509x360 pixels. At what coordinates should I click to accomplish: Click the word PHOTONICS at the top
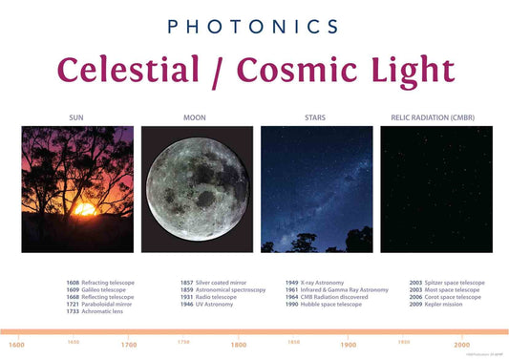pyautogui.click(x=255, y=26)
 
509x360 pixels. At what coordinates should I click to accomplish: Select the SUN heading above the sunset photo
pyautogui.click(x=76, y=118)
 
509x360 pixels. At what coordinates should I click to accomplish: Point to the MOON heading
pyautogui.click(x=195, y=118)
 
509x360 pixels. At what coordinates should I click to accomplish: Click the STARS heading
pyautogui.click(x=314, y=118)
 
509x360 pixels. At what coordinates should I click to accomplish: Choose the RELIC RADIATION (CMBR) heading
pyautogui.click(x=436, y=118)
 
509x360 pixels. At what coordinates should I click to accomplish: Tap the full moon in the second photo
pyautogui.click(x=197, y=190)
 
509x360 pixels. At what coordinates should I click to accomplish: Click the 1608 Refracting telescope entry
pyautogui.click(x=100, y=283)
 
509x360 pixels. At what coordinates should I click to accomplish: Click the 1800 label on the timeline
pyautogui.click(x=239, y=345)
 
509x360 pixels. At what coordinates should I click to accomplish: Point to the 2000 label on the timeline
pyautogui.click(x=462, y=345)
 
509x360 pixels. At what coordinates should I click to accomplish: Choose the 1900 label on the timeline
pyautogui.click(x=350, y=345)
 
